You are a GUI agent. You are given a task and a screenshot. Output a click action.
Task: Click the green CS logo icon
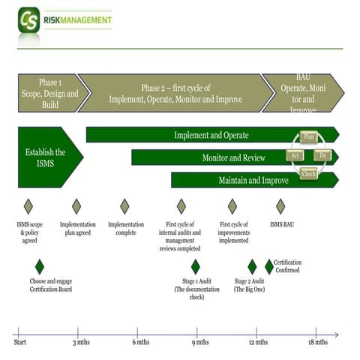[x=29, y=19]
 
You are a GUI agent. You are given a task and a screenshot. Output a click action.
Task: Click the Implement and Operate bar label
[x=211, y=136]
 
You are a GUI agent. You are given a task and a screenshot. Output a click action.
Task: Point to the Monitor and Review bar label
[x=233, y=158]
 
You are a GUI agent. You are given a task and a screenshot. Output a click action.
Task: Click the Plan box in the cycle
[x=308, y=136]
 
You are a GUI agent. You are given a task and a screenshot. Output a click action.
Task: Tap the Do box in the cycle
[x=324, y=155]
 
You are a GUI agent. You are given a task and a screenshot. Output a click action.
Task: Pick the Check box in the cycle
[x=309, y=174]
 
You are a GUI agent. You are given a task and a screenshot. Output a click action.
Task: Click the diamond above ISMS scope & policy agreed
[x=28, y=206]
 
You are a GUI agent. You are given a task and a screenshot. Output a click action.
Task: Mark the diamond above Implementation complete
[x=124, y=206]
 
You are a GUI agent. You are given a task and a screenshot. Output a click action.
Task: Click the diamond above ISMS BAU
[x=280, y=206]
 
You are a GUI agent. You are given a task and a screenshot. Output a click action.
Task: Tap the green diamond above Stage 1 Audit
[x=196, y=266]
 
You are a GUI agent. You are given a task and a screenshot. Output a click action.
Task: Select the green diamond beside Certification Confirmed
[x=269, y=266]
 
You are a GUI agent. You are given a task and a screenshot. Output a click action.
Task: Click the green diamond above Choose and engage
[x=40, y=266]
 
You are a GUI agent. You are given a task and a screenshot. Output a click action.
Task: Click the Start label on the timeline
[x=21, y=342]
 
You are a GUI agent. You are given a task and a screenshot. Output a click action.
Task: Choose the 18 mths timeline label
[x=316, y=342]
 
